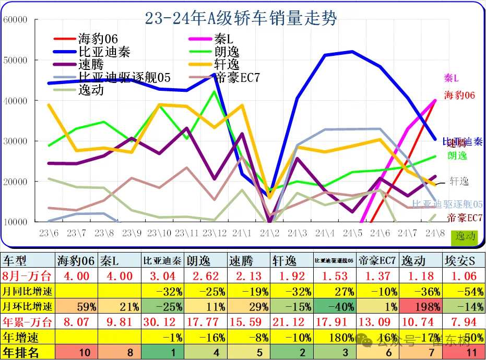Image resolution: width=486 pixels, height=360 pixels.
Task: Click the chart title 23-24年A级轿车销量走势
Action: [241, 19]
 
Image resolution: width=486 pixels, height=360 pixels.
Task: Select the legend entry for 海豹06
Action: [98, 39]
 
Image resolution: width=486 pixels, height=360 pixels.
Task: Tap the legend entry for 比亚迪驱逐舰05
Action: [124, 77]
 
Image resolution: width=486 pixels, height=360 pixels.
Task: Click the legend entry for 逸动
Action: [91, 90]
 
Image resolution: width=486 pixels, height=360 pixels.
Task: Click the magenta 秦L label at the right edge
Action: [451, 78]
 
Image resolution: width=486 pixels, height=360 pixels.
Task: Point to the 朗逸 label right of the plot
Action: [457, 155]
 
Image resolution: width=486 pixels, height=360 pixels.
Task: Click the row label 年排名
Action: [21, 353]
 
